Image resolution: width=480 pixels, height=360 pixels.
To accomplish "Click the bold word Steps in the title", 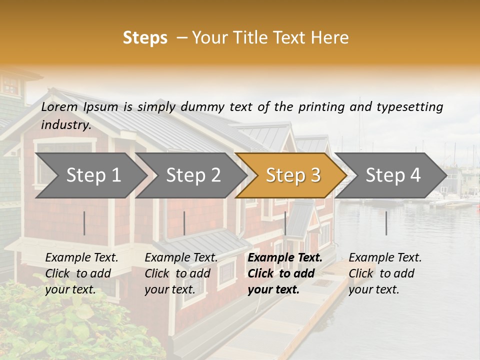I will (145, 37).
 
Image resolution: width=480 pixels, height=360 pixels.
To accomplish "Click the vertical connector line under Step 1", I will (84, 223).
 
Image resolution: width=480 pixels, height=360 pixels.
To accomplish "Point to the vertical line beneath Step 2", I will (184, 223).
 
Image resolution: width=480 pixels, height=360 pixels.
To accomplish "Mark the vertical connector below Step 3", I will (285, 223).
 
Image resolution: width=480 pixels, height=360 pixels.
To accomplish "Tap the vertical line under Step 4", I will (386, 223).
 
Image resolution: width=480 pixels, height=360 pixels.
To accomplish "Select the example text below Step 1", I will (81, 273).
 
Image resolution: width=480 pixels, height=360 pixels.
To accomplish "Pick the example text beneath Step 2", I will (181, 273).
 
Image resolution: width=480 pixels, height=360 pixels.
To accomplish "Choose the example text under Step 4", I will (385, 273).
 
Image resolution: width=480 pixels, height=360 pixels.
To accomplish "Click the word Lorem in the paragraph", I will (59, 107).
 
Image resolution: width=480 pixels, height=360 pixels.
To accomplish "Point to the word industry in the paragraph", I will (66, 125).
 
